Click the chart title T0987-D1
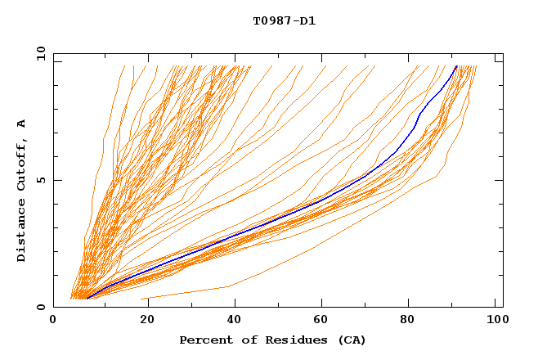tap(284, 20)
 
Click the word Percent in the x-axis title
tap(204, 340)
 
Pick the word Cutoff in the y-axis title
tap(22, 164)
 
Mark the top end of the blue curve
tap(456, 66)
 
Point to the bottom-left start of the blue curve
tap(87, 299)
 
